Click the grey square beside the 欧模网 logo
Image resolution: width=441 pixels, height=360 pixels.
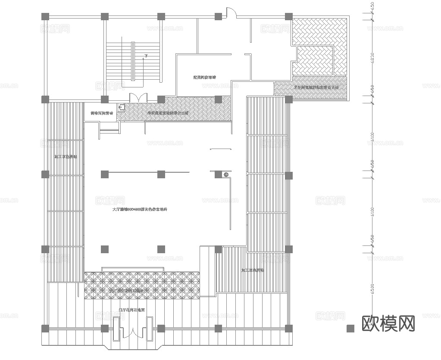pyautogui.click(x=350, y=328)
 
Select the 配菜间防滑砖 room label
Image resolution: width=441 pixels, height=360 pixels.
pyautogui.click(x=204, y=78)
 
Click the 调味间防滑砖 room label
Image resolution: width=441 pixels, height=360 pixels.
pyautogui.click(x=102, y=113)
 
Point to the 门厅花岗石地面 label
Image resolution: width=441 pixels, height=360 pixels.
pyautogui.click(x=131, y=309)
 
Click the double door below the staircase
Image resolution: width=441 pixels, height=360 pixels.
pyautogui.click(x=138, y=98)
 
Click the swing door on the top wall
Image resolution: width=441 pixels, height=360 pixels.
pyautogui.click(x=231, y=13)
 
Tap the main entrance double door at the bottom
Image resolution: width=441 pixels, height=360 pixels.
pyautogui.click(x=133, y=330)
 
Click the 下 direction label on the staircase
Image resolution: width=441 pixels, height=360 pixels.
pyautogui.click(x=146, y=56)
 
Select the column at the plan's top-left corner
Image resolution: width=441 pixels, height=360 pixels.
pyautogui.click(x=45, y=16)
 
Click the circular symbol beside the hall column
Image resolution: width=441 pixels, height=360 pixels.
pyautogui.click(x=225, y=174)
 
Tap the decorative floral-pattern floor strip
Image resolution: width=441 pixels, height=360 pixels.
pyautogui.click(x=142, y=285)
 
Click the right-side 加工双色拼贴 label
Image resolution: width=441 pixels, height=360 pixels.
pyautogui.click(x=253, y=270)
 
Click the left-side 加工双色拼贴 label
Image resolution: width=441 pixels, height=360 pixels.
pyautogui.click(x=66, y=157)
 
